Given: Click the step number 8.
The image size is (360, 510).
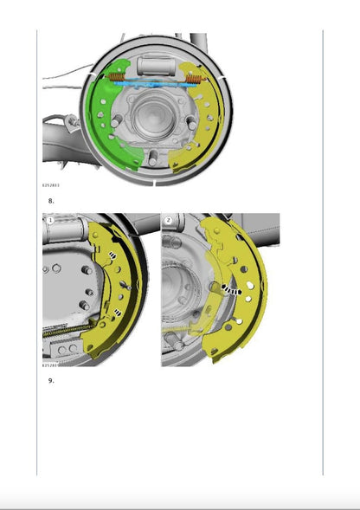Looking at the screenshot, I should point(51,200).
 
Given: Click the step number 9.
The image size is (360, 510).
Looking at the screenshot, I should point(51,379).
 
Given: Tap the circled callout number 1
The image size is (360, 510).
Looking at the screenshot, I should point(50,221).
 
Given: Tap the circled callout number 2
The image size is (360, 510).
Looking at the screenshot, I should point(168,221).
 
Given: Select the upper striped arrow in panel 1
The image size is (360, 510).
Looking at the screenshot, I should point(113,255).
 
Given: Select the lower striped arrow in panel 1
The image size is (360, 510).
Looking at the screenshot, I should point(115,313).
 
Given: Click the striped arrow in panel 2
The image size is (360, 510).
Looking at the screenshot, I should point(227,290).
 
